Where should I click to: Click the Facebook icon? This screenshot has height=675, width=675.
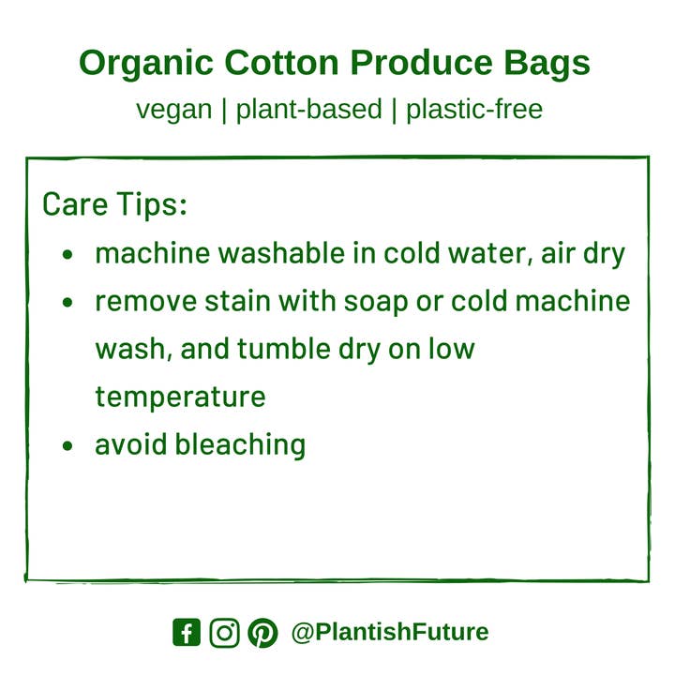187,633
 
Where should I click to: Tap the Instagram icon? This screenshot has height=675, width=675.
224,633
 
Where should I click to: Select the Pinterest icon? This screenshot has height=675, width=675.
262,633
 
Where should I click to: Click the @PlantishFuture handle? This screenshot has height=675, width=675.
390,632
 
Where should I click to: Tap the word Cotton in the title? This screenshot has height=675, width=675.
282,64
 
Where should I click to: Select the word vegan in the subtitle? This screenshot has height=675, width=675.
173,110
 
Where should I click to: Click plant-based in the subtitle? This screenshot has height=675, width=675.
308,110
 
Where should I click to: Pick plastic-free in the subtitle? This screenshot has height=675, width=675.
474,110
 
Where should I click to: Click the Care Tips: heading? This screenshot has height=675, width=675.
115,204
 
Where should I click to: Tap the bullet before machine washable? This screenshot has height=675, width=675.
67,255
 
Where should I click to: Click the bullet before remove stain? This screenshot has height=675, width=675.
67,303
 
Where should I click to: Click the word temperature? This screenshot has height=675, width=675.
180,397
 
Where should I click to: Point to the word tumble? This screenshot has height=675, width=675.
278,349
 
